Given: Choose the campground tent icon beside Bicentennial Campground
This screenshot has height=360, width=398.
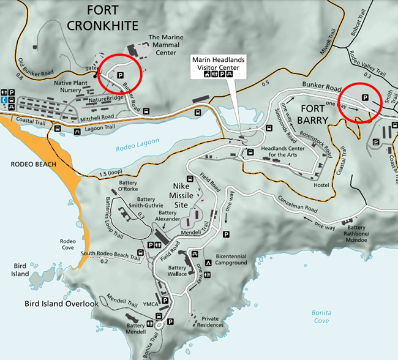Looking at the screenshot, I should tap(209, 263).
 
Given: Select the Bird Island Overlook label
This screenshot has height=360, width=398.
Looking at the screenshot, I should tap(61, 304).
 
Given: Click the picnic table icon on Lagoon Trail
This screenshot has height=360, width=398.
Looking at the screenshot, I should tap(78, 130).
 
